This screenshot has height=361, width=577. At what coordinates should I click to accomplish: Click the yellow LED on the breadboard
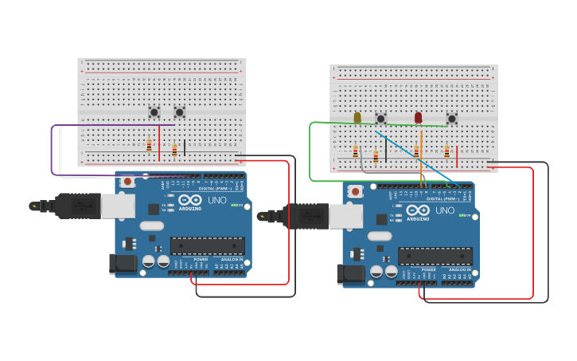coord(357,118)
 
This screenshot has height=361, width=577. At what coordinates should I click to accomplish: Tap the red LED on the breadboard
coord(418,118)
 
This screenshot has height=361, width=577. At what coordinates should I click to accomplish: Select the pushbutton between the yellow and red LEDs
coord(380,119)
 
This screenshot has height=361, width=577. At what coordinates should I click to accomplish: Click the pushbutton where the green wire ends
coord(451,119)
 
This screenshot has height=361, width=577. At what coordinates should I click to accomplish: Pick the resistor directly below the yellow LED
coord(355,151)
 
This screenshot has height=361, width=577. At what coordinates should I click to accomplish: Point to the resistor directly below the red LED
coord(415,151)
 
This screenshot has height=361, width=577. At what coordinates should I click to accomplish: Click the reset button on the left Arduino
coord(127,182)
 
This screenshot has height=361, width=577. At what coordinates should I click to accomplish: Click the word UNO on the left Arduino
coord(217,199)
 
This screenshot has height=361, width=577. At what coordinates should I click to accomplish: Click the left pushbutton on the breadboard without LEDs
coord(154,112)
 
